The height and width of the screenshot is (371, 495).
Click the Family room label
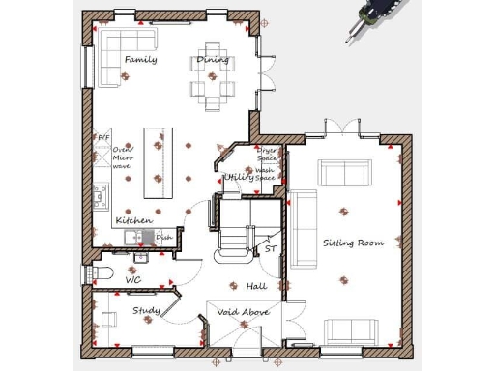point(140,60)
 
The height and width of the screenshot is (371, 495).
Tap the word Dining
point(213,60)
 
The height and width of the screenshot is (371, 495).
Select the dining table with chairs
point(212,74)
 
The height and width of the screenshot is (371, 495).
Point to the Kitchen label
point(133,220)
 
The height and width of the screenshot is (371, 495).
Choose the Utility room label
point(239,177)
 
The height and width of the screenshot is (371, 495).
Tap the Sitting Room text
point(353,243)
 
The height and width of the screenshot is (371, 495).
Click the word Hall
point(256,286)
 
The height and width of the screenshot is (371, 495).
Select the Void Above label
point(243,312)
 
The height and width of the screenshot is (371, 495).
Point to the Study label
point(146,310)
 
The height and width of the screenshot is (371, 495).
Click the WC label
point(133,280)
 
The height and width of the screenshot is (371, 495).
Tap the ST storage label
point(270,248)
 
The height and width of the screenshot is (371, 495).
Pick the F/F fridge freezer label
point(102,138)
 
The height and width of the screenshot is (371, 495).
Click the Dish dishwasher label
point(163,237)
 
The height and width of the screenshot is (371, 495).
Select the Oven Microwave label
point(122,157)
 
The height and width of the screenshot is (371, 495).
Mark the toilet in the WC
point(104,271)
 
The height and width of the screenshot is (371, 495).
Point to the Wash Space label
point(265,174)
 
